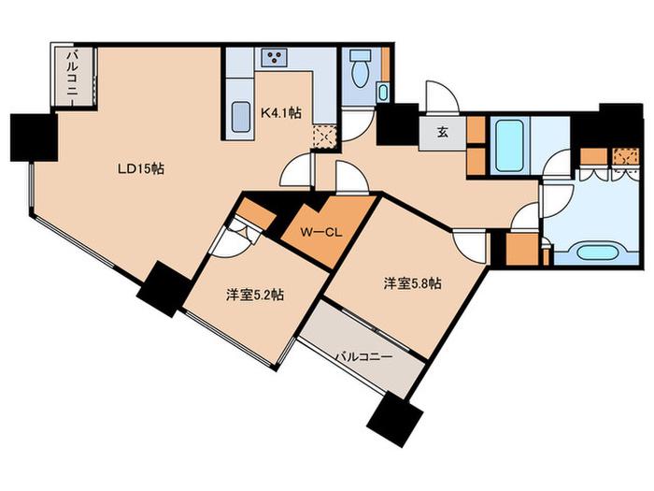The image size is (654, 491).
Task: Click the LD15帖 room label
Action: [140, 168]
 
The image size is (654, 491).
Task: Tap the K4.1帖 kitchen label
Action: [281, 113]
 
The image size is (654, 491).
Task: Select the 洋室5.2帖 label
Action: [255, 296]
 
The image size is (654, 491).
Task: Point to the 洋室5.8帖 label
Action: [413, 284]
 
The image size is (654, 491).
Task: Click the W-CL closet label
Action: [321, 233]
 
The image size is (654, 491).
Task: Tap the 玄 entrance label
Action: [443, 133]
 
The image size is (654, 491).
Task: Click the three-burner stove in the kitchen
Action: [274, 57]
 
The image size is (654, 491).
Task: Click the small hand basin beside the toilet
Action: [383, 93]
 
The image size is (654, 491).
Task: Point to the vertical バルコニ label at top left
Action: [74, 75]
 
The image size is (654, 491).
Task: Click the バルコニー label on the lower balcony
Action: [364, 357]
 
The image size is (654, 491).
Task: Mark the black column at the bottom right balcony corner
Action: [395, 418]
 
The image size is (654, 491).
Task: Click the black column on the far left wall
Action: [34, 137]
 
